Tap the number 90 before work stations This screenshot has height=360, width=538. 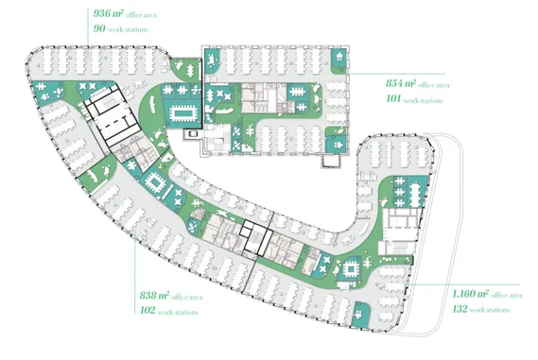coord(99,28)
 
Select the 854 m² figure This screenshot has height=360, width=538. coord(401,83)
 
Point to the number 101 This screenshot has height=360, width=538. coord(393,99)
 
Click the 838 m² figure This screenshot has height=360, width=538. coord(154,296)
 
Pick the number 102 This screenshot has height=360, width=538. coord(148,310)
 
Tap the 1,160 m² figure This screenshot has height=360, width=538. coord(471,294)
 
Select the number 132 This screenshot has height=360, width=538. coord(460,309)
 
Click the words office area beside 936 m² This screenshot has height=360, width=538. coord(141,15)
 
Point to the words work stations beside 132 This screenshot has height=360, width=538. coord(490,310)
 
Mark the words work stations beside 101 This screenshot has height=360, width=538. coord(423,100)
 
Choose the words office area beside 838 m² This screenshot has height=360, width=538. coord(187,297)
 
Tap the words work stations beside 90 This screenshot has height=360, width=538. coord(128,30)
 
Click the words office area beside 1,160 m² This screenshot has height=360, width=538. coord(507,295)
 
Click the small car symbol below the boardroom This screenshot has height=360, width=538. coord(193,133)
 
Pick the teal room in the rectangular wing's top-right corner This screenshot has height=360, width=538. coord(338,60)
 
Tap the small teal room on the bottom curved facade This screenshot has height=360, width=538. coord(360,315)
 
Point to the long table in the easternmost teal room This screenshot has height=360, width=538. coord(415,195)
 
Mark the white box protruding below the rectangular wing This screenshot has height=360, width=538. coord(332,161)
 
